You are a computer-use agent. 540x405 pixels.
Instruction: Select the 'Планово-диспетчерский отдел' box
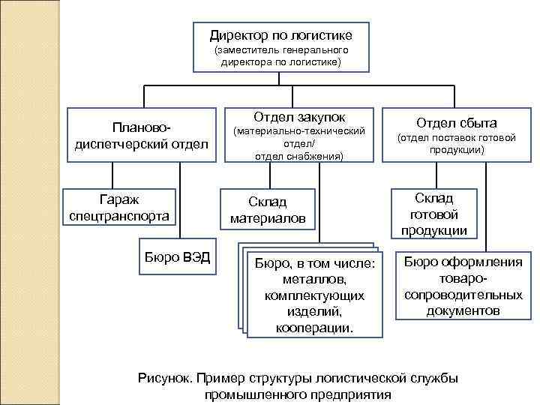[x=142, y=135]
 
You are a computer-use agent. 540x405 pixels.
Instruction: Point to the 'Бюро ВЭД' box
[x=176, y=259]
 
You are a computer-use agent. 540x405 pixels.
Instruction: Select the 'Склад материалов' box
[x=268, y=210]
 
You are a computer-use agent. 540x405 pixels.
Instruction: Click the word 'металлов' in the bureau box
[x=314, y=279]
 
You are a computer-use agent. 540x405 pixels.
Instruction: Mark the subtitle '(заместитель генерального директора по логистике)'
[x=280, y=56]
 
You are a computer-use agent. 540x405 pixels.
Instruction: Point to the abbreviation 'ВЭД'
[x=196, y=259]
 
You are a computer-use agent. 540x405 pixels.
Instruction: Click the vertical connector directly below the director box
[x=281, y=79]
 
